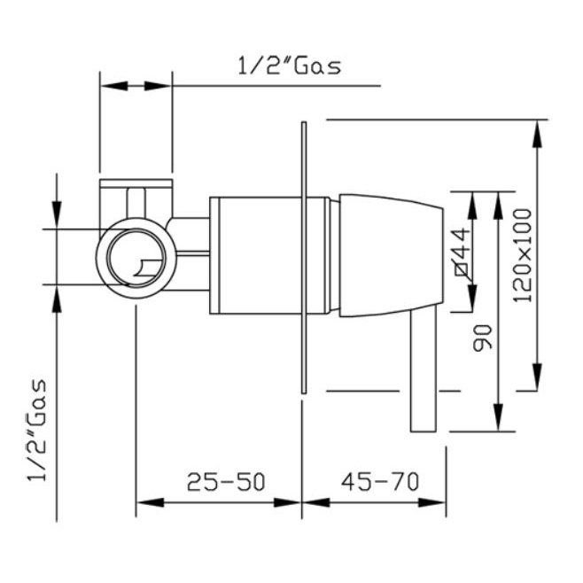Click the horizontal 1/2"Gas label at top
[289, 67]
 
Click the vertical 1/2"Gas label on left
[37, 431]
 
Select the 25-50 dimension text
[226, 482]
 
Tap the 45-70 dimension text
[380, 481]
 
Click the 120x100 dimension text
[522, 255]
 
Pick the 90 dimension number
[482, 338]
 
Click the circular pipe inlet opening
[136, 258]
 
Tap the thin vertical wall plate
[304, 257]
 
